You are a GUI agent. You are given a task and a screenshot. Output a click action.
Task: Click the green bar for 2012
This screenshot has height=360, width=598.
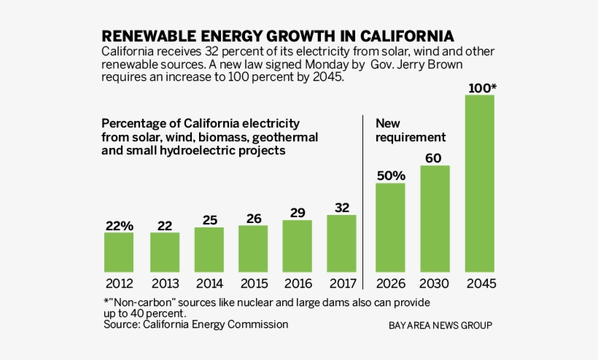tap(119, 252)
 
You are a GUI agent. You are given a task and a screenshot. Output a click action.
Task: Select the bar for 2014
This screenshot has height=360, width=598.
tap(209, 249)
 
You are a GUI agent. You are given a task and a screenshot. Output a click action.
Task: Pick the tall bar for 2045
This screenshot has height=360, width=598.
tap(479, 183)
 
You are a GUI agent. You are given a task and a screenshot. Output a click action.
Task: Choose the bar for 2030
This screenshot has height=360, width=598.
tap(435, 219)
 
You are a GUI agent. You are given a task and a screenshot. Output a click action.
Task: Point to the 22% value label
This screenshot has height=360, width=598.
tap(119, 226)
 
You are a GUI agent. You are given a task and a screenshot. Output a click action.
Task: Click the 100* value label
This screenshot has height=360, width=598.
tap(482, 89)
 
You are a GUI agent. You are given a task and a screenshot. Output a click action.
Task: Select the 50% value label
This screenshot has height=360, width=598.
tap(391, 176)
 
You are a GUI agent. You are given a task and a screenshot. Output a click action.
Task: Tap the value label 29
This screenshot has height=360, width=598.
tap(297, 214)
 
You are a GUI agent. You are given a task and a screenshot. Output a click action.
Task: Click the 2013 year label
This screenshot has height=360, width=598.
tap(165, 283)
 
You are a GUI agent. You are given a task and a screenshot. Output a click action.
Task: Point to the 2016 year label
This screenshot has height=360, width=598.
tap(297, 283)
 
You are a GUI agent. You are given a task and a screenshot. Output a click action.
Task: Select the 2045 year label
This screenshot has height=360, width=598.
tap(479, 283)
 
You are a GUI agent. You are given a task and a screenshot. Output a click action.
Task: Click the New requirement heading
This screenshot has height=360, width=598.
tap(410, 130)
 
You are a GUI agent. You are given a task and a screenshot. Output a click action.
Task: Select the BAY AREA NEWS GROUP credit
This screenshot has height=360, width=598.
tap(440, 325)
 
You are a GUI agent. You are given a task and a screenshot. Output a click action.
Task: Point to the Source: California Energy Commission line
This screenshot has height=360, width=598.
tap(195, 324)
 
